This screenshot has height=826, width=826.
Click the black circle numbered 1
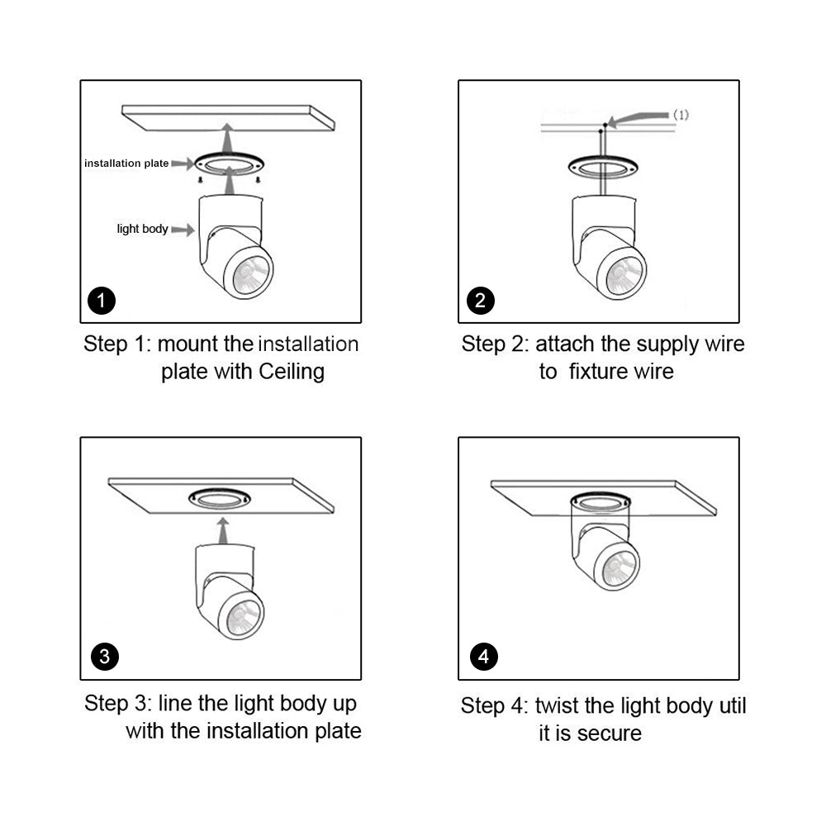tap(101, 301)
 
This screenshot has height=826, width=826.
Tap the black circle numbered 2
tap(481, 301)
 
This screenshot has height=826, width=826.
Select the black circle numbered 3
tap(105, 657)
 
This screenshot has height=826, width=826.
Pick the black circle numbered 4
tap(483, 657)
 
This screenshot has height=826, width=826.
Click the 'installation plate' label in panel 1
tap(126, 164)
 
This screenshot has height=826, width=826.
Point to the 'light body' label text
tap(142, 229)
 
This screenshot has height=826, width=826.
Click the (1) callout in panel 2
tap(681, 115)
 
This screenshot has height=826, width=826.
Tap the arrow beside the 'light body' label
tap(183, 230)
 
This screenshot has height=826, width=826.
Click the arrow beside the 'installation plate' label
tap(183, 164)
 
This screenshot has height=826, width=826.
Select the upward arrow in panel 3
tap(223, 530)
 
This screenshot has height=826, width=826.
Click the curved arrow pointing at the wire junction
tap(638, 119)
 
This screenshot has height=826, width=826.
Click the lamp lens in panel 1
tap(251, 274)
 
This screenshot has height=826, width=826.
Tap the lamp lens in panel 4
tap(619, 567)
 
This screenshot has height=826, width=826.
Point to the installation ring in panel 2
tap(603, 167)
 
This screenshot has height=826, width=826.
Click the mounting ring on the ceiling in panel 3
tap(220, 498)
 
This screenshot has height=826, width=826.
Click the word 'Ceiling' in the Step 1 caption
tap(292, 372)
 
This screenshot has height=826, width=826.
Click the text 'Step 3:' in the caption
tap(118, 703)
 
